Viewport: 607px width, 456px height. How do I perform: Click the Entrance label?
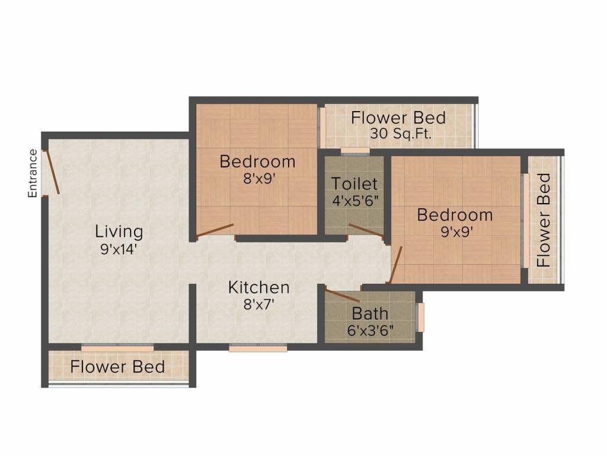point(33,173)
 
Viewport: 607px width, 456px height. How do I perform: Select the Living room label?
point(120,231)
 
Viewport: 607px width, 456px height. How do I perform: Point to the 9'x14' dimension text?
point(120,249)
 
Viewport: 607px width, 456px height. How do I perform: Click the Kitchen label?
point(259,287)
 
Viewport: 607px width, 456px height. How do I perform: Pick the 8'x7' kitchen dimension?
point(259,305)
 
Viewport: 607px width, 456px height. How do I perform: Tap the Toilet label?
point(354,183)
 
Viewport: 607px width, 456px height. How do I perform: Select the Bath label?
point(370,313)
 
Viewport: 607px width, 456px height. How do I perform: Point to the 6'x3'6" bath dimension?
point(370,328)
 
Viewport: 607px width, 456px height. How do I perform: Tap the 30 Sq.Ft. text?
point(401,134)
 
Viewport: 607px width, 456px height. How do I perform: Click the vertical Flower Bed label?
point(544,220)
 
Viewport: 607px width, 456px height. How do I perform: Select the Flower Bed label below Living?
point(117,366)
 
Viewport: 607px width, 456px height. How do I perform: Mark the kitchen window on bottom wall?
point(258,349)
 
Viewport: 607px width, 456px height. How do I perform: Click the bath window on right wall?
point(420,318)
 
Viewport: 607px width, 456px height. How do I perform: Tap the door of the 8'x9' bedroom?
point(215,230)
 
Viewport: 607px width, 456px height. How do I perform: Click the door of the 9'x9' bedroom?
point(395,264)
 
